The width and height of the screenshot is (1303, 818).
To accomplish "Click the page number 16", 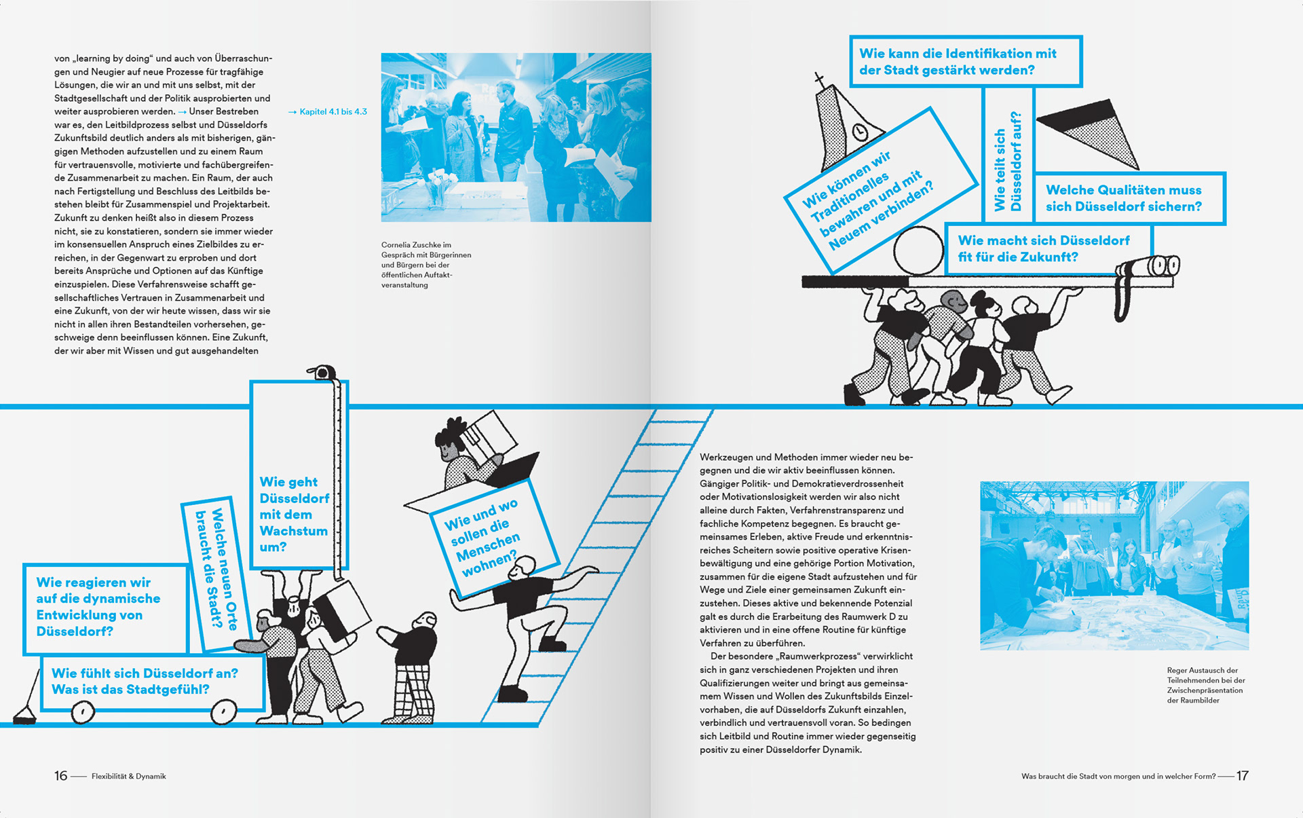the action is (x=61, y=776).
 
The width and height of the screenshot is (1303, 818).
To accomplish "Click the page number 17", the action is (x=1242, y=776).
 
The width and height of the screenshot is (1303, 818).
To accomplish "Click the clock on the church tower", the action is (x=861, y=131).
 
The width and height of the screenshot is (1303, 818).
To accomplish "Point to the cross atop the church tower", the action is (x=820, y=79).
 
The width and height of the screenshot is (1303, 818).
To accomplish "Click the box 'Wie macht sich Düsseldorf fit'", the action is (x=1049, y=249).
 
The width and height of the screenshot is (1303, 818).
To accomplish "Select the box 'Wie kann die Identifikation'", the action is (x=965, y=62).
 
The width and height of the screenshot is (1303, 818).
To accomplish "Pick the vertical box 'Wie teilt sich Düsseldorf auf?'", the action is (x=1008, y=157).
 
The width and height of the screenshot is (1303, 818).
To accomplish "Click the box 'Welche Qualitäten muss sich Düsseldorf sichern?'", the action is (x=1130, y=198).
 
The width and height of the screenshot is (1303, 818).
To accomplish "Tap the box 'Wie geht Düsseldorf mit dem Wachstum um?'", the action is (x=299, y=475).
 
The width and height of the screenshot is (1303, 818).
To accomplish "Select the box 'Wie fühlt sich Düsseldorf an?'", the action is (x=152, y=682).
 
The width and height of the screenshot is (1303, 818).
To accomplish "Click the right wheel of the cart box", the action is (x=223, y=712).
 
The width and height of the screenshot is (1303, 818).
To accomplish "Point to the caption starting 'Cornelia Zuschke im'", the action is (x=426, y=265).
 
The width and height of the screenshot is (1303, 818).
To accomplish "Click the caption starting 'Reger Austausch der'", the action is (x=1205, y=685).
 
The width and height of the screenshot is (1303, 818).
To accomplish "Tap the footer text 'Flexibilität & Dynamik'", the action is (x=129, y=776).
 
